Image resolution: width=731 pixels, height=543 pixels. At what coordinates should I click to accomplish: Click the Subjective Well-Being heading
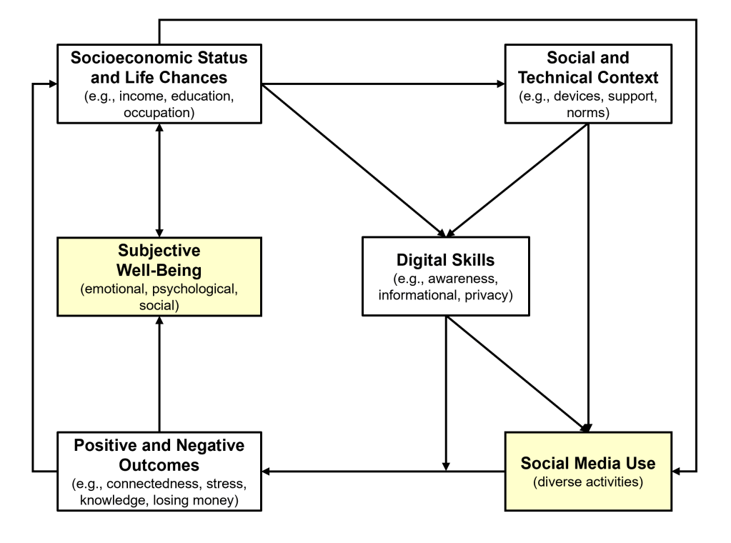159,261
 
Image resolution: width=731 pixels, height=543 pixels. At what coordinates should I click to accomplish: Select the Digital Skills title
445,260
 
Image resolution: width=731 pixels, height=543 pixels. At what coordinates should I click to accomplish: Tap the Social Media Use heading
587,463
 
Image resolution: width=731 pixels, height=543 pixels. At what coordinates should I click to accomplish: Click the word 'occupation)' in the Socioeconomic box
159,113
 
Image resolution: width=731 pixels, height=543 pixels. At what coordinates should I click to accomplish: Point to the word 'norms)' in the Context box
587,113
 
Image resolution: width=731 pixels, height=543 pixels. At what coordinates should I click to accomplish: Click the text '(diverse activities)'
587,482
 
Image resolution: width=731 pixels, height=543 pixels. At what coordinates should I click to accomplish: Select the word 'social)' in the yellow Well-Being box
159,307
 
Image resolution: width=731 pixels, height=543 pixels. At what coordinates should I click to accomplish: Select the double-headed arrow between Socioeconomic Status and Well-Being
159,178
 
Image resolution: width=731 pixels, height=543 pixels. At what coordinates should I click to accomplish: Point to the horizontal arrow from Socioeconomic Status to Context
382,84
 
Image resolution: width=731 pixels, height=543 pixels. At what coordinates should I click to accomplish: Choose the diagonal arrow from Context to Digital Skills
518,180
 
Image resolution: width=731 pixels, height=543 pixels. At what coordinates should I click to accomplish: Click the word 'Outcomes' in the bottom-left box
159,464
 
